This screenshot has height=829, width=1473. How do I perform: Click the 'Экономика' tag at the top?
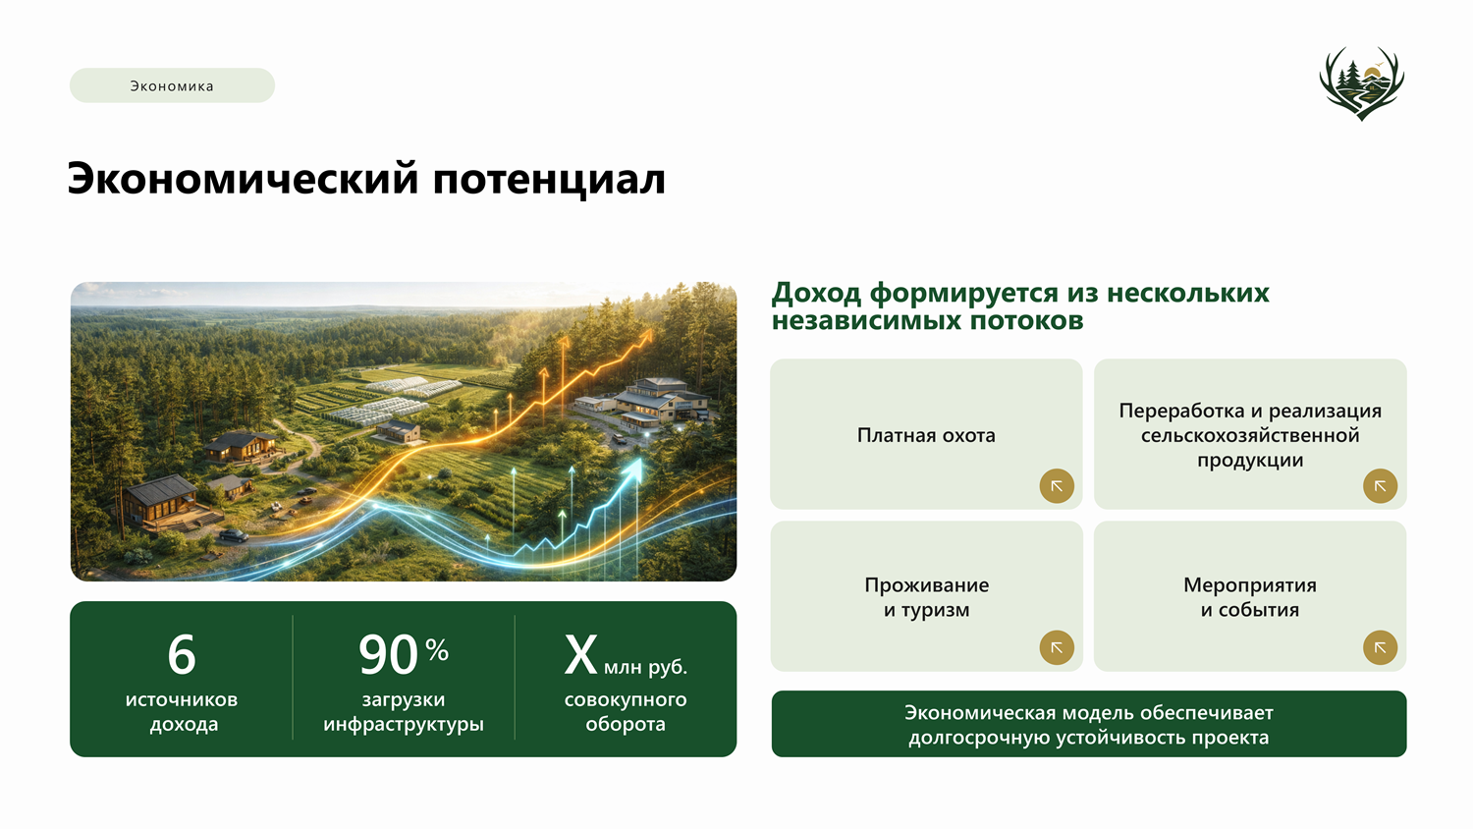(x=172, y=85)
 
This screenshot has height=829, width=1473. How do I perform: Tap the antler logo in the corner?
(x=1361, y=83)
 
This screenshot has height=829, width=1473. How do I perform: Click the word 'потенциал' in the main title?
(x=549, y=180)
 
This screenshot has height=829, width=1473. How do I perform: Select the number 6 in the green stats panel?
(x=182, y=654)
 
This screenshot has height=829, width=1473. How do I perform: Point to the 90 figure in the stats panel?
(x=388, y=655)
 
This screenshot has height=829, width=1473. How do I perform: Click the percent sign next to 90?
(x=437, y=649)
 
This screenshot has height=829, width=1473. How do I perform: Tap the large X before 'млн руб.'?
(x=580, y=654)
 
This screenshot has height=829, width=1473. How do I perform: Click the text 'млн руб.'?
(x=645, y=667)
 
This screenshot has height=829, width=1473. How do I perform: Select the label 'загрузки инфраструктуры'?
(x=403, y=712)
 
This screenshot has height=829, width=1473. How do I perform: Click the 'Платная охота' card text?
(x=926, y=435)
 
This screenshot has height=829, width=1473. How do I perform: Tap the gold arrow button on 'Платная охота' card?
(x=1057, y=486)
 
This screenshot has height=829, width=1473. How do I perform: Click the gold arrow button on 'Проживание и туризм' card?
(x=1057, y=647)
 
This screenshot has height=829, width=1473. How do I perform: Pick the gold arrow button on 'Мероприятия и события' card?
(x=1380, y=647)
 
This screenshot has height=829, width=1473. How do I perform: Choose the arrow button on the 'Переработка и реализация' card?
(x=1380, y=486)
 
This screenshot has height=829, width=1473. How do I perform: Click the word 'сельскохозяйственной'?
(x=1249, y=435)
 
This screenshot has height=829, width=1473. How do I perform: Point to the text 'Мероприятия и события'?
(x=1249, y=597)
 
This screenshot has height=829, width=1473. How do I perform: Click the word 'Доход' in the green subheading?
(x=816, y=293)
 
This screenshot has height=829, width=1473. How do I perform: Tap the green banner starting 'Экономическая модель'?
(x=1088, y=724)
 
